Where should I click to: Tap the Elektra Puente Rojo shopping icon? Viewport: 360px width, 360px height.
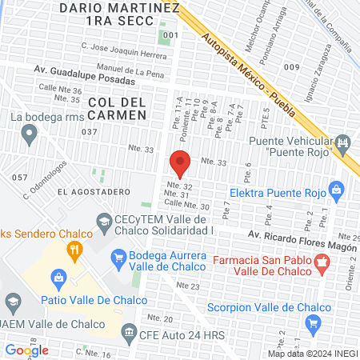336,190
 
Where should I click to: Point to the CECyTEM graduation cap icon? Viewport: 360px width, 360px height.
104,220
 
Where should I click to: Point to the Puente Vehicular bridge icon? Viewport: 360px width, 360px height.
345,145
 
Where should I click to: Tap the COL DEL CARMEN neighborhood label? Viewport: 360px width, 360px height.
118,109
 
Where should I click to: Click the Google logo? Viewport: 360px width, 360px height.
26,350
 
